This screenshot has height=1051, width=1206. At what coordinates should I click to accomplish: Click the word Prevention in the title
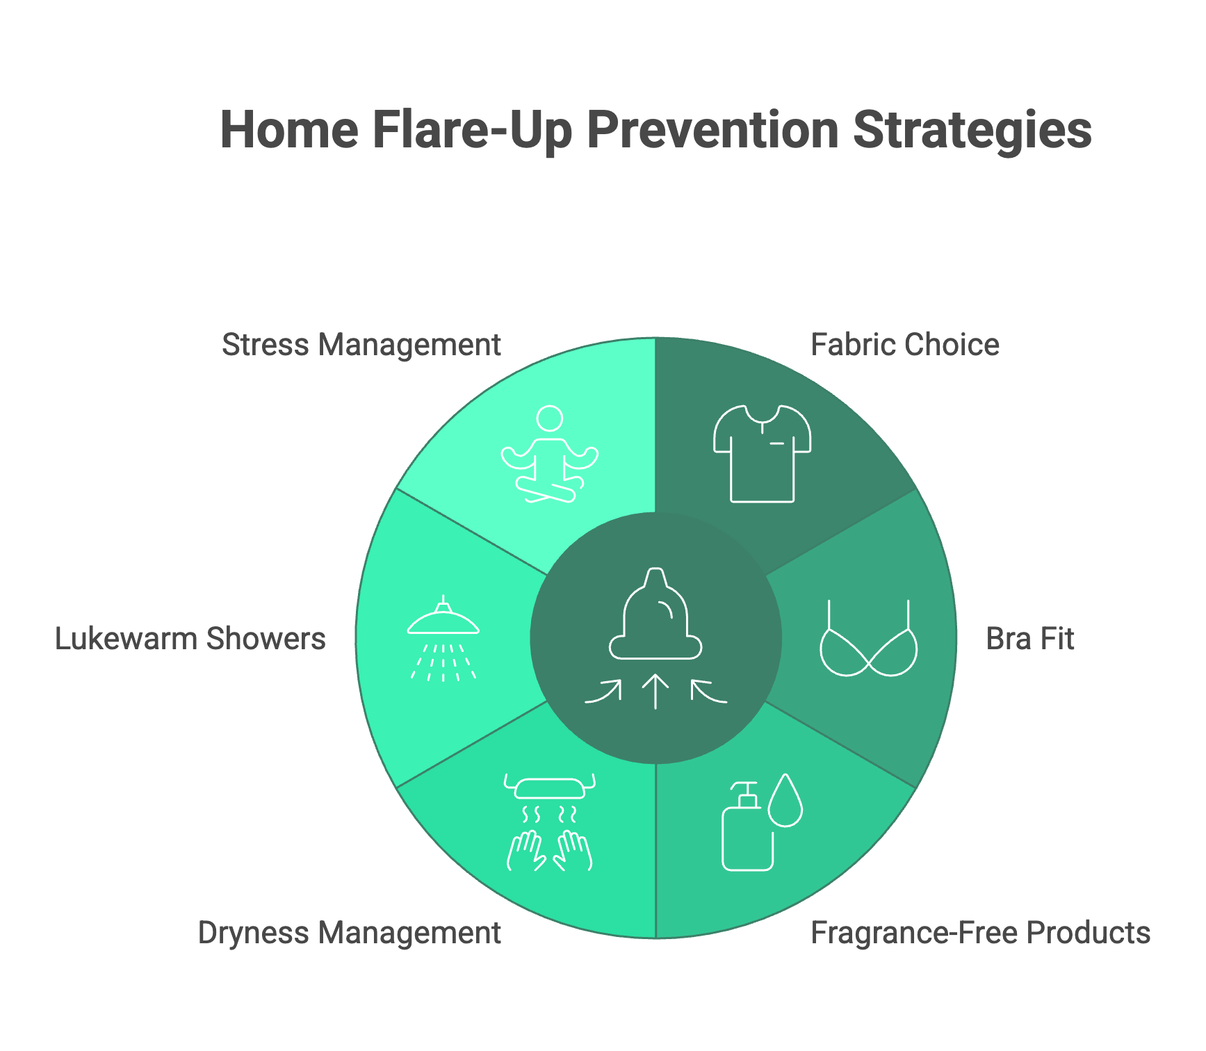click(712, 130)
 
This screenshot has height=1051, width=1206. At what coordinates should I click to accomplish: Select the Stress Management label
click(361, 345)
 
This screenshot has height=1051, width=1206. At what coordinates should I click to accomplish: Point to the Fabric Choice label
click(905, 345)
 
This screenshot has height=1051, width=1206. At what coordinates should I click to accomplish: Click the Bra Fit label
click(1030, 639)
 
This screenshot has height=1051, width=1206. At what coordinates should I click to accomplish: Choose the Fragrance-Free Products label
click(981, 933)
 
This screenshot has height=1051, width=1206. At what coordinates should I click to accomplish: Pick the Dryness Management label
click(350, 933)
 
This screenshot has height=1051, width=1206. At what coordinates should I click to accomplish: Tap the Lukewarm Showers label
click(190, 639)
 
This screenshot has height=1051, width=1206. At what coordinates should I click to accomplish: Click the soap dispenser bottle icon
click(748, 826)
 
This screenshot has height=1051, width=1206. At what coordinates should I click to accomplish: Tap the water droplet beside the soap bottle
click(786, 800)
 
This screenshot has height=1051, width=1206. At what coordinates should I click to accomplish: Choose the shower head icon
click(443, 638)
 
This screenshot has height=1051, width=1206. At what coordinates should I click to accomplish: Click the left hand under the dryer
click(526, 850)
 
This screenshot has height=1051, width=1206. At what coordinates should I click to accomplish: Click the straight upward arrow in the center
click(655, 692)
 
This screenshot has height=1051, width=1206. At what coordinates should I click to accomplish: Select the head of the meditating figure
click(550, 419)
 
